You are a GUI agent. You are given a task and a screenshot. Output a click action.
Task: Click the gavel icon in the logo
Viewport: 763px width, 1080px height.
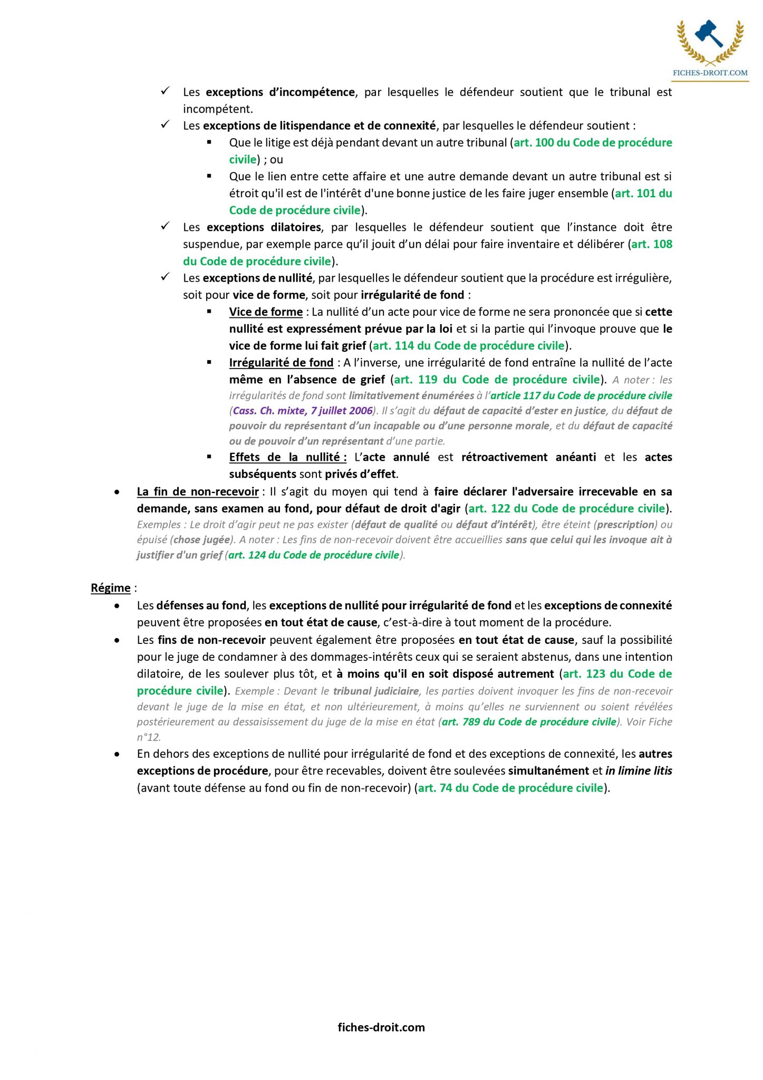click(709, 34)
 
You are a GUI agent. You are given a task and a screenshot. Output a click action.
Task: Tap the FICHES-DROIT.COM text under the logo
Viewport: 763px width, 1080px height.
click(710, 73)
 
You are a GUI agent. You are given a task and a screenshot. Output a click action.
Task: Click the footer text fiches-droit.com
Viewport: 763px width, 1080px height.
click(381, 1027)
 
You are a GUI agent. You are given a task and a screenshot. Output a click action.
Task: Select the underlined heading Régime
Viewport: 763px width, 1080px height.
click(110, 588)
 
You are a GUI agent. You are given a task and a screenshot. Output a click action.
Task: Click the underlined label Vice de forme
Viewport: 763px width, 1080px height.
click(266, 312)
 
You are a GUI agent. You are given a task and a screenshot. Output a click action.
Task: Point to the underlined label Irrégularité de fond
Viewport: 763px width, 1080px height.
click(281, 362)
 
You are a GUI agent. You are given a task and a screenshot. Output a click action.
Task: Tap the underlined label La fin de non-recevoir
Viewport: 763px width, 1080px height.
click(198, 491)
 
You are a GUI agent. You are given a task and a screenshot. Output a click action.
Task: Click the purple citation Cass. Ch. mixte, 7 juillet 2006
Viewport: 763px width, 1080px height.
click(303, 410)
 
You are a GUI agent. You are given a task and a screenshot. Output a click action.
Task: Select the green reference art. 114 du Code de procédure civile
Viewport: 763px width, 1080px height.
click(469, 345)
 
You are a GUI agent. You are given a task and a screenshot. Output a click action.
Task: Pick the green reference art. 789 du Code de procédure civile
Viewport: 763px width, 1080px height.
click(529, 721)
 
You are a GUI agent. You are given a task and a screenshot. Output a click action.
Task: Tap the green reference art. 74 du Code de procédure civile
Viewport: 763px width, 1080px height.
click(510, 787)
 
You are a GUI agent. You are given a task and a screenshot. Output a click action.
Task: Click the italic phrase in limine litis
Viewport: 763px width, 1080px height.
click(639, 770)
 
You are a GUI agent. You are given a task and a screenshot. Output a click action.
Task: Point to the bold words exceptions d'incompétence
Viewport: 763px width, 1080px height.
click(280, 92)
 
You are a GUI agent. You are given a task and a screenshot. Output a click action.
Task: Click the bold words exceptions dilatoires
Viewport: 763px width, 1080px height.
click(264, 227)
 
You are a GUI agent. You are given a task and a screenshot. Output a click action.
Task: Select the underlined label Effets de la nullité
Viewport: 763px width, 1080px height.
click(287, 457)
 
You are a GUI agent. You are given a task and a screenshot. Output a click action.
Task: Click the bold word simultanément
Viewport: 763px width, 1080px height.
click(548, 770)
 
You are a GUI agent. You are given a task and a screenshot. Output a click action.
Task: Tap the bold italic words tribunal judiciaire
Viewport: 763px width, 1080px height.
click(376, 691)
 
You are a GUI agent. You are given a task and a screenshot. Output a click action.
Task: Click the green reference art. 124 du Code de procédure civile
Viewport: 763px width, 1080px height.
click(314, 555)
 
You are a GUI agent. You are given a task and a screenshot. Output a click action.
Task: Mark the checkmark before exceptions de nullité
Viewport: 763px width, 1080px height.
click(165, 277)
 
